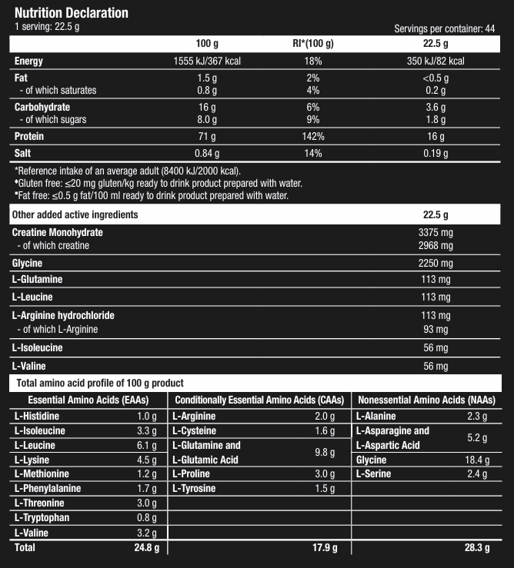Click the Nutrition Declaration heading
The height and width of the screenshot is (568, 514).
tap(72, 13)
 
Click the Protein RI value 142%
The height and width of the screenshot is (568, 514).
tap(312, 137)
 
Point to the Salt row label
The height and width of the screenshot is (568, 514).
tap(24, 154)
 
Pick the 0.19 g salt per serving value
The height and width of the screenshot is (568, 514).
tap(436, 154)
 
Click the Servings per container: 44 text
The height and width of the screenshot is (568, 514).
tap(444, 28)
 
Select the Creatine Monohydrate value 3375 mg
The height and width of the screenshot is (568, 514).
tap(436, 232)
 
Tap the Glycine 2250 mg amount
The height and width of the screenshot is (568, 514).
tap(436, 264)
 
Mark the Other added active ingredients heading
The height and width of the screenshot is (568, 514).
tap(75, 214)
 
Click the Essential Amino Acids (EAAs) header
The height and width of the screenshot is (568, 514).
tap(88, 400)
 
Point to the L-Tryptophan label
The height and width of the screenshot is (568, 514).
tap(42, 517)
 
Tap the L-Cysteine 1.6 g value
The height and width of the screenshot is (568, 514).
tap(325, 430)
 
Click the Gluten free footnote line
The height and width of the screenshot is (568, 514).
tap(159, 183)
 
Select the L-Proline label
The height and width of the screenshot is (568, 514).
tap(194, 473)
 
